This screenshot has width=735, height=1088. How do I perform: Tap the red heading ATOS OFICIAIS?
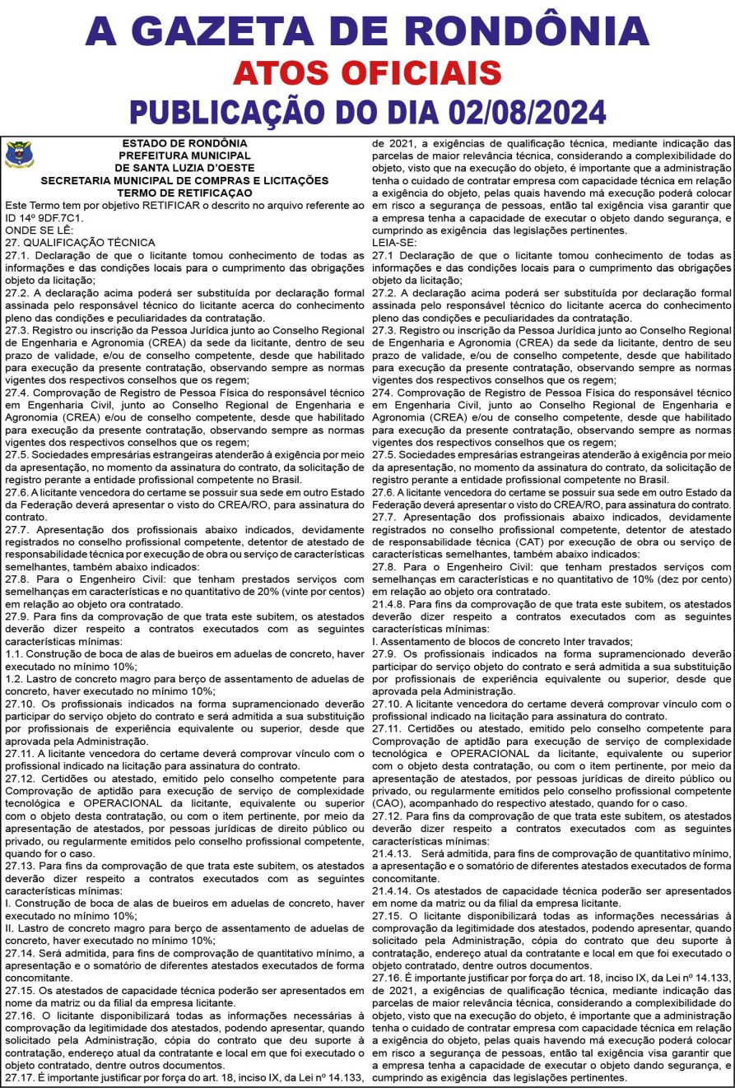pyautogui.click(x=367, y=72)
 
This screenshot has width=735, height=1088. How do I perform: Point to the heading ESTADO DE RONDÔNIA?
pyautogui.click(x=184, y=143)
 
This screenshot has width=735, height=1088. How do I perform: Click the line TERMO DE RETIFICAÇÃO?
pyautogui.click(x=184, y=190)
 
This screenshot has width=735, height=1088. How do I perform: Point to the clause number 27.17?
pyautogui.click(x=21, y=1077)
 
